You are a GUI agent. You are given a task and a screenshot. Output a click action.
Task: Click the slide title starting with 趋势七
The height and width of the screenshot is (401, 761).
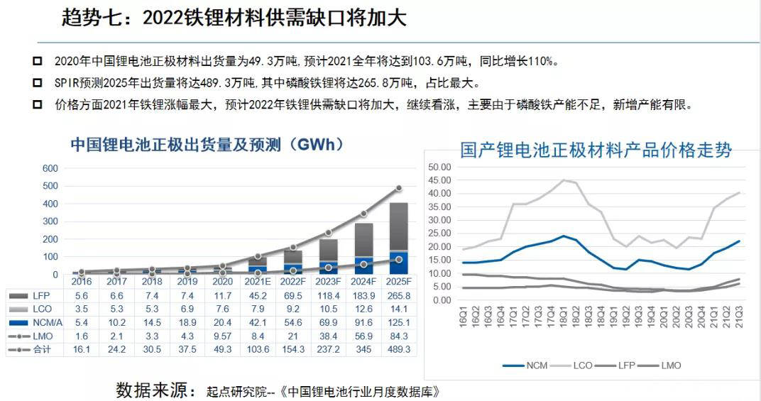(234, 18)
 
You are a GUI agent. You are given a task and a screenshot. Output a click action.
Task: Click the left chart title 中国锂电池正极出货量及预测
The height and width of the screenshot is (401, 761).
(207, 145)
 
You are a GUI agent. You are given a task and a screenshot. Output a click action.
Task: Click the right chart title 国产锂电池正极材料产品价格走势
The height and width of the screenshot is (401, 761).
(596, 150)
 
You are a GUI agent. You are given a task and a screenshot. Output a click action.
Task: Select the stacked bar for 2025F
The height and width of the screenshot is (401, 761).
(399, 238)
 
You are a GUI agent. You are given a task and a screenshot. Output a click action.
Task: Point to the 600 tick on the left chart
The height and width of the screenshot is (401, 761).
(50, 168)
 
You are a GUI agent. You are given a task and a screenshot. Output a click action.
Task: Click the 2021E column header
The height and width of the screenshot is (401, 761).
(258, 282)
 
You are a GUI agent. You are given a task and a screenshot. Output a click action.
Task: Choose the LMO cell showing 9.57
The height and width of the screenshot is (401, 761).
(222, 336)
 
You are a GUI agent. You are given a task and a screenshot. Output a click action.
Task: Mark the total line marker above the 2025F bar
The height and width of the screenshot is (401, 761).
(399, 188)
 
